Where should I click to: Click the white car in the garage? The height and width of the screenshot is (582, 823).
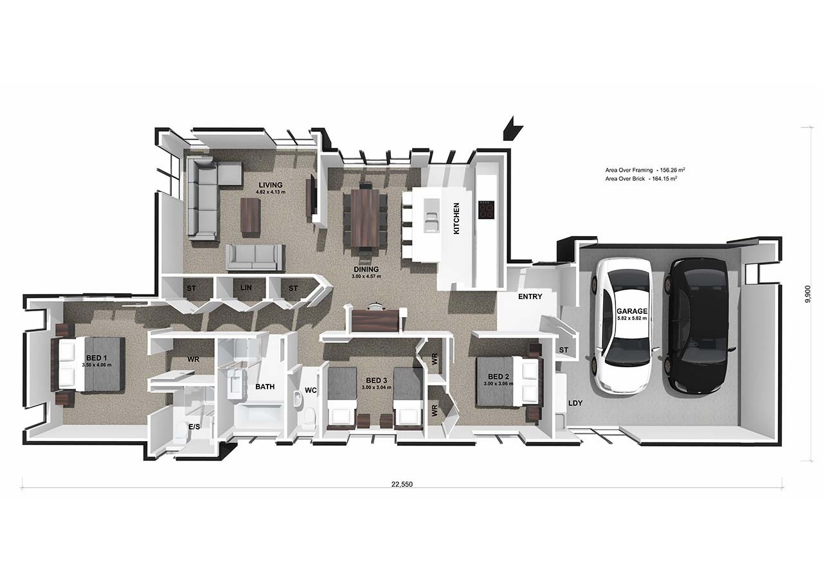pyautogui.click(x=622, y=326)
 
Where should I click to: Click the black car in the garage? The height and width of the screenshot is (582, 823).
pyautogui.click(x=697, y=325)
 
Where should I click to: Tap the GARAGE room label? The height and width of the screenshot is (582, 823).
pyautogui.click(x=631, y=311)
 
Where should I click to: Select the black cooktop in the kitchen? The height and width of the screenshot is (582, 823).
pyautogui.click(x=486, y=210)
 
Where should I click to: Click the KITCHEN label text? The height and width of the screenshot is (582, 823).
pyautogui.click(x=457, y=218)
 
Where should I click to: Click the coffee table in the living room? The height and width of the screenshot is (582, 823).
pyautogui.click(x=251, y=215)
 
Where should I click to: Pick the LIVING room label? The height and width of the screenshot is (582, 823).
pyautogui.click(x=271, y=185)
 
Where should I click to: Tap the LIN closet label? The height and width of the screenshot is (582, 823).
pyautogui.click(x=246, y=287)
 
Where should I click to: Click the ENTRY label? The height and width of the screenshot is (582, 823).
pyautogui.click(x=530, y=296)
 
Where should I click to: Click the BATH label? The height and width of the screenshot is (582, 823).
pyautogui.click(x=265, y=386)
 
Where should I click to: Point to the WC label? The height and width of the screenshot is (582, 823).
pyautogui.click(x=311, y=390)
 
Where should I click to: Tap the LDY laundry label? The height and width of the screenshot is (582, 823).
pyautogui.click(x=575, y=403)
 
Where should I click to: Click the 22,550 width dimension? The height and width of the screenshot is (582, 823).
pyautogui.click(x=402, y=484)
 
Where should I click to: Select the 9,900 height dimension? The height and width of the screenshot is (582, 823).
pyautogui.click(x=807, y=294)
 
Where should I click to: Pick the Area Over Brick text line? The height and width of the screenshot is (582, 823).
pyautogui.click(x=641, y=179)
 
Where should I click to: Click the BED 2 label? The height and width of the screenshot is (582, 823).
pyautogui.click(x=498, y=377)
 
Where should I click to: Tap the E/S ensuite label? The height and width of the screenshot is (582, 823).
pyautogui.click(x=194, y=426)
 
